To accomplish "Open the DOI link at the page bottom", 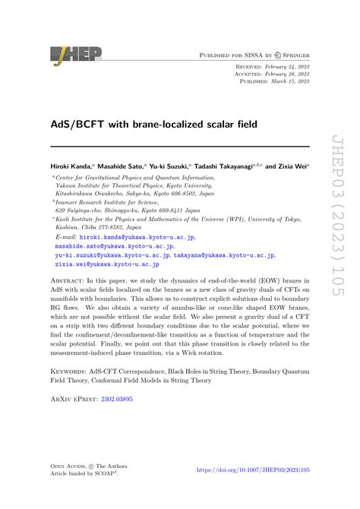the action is point(254,492).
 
